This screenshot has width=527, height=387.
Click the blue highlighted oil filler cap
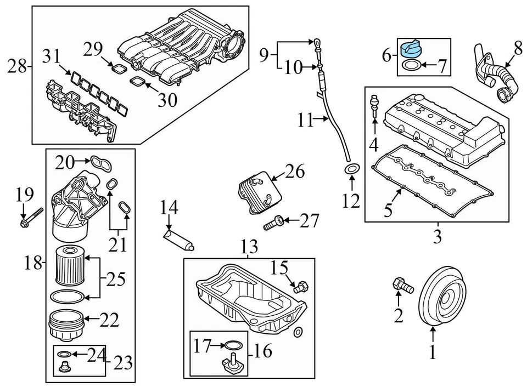coord(410,50)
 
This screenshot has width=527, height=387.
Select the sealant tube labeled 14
coord(178,242)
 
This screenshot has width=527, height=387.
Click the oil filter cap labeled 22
coord(68,326)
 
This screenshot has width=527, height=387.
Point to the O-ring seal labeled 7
coord(412,67)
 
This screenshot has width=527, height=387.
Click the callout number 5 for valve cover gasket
coord(388,209)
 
